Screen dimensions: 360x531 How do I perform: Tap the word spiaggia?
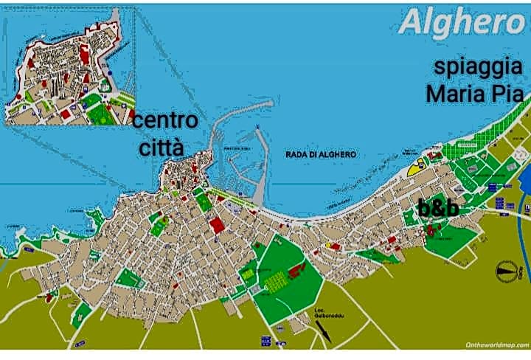479,67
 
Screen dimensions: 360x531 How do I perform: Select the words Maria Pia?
474,94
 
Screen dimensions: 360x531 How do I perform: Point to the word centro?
164,120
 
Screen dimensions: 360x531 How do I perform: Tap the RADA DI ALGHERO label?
320,154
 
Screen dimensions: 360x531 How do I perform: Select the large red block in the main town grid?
216,224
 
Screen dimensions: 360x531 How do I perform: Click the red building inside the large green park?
296,271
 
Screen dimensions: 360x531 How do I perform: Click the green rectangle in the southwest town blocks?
128,278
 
